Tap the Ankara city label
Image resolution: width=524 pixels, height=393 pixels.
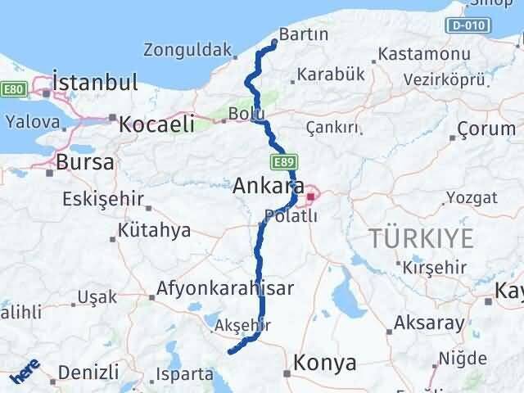coord(269,185)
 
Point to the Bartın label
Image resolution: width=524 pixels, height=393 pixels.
coord(304,34)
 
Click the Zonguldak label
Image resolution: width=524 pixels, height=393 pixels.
coord(187,49)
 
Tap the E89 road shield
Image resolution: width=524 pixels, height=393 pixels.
coord(278,160)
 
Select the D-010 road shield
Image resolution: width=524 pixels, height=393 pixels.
coord(467,25)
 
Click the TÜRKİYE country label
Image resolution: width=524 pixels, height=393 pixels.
coord(421,238)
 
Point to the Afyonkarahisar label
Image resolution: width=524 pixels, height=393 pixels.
coord(224,288)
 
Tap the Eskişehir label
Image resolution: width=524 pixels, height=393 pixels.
coord(105,198)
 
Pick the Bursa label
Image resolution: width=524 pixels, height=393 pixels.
coord(84,162)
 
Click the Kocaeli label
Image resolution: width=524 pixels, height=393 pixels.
coord(156,124)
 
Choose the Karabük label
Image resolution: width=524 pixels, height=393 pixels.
coord(330,75)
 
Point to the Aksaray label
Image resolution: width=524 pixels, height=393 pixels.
coord(428,322)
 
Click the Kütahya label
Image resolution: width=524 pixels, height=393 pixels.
coord(154,230)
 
